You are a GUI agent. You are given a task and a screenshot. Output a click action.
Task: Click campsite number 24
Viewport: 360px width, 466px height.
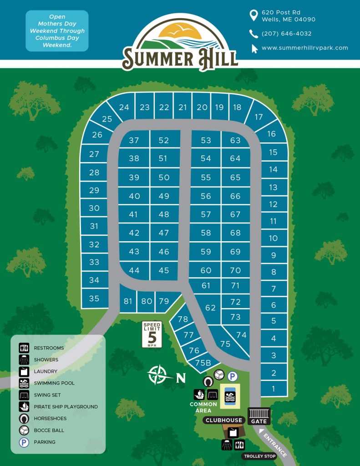(124, 107)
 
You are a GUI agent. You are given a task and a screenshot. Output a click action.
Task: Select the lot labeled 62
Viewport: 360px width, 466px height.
(210, 308)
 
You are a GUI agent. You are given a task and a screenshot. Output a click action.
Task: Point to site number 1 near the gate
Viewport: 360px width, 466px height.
(274, 389)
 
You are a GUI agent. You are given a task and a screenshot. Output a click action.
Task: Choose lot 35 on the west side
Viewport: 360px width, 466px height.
(94, 299)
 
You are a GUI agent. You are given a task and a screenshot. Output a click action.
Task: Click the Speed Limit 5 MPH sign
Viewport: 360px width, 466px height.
(152, 334)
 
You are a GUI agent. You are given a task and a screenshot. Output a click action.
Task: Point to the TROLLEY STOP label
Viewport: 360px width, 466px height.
(260, 456)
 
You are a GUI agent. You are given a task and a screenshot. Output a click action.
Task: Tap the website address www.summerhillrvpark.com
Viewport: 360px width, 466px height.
(304, 48)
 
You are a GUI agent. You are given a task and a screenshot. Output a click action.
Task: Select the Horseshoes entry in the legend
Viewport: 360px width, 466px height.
(50, 418)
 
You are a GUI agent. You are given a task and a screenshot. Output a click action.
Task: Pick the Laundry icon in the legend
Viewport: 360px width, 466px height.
(24, 371)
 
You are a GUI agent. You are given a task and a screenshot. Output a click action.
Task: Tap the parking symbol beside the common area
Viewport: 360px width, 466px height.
(233, 376)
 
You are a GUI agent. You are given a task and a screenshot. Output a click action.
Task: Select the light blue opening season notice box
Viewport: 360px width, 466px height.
(57, 31)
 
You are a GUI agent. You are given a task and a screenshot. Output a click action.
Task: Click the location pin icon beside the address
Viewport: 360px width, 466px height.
(254, 16)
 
